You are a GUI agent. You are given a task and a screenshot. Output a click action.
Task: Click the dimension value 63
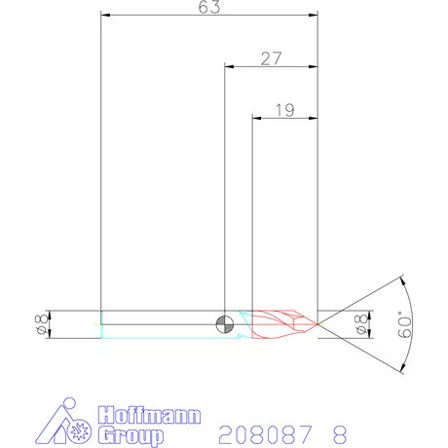pyautogui.click(x=209, y=7)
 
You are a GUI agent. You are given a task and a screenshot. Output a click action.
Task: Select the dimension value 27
pyautogui.click(x=271, y=58)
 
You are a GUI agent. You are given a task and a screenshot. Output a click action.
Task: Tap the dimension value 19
pyautogui.click(x=285, y=110)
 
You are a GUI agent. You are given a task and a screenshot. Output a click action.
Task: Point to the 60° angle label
pyautogui.click(x=405, y=324)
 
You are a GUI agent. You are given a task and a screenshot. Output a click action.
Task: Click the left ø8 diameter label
pyautogui.click(x=41, y=324)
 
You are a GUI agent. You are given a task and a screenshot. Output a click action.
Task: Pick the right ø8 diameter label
pyautogui.click(x=361, y=324)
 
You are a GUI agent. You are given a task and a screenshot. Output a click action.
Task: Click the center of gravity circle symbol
pyautogui.click(x=225, y=324)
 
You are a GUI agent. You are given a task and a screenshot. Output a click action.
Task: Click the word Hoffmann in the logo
pyautogui.click(x=149, y=415)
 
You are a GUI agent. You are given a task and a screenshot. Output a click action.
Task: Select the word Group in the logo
pyautogui.click(x=131, y=436)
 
